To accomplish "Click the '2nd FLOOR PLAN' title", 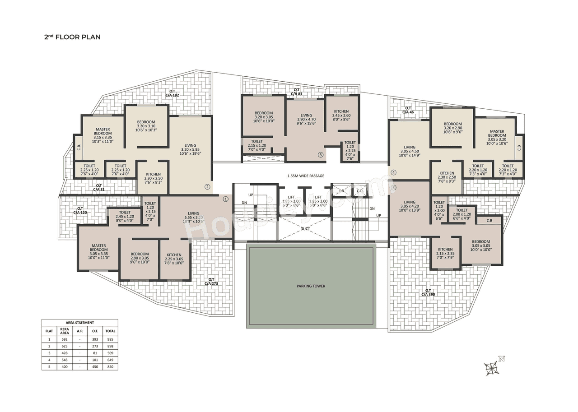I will pos(72,37).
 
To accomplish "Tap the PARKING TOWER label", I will pos(311,286).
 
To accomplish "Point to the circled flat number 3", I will pos(320,155).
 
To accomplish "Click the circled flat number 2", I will pos(207,186).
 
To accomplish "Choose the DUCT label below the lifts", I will pos(305,229).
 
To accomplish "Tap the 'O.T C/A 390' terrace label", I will pos(428,292).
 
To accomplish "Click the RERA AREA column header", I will pos(65,330).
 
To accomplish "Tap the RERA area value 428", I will pos(65,352).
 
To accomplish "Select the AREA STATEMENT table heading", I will pos(79,323).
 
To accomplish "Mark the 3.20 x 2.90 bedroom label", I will pos(452,128).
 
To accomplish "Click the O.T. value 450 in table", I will pos(95,367).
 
